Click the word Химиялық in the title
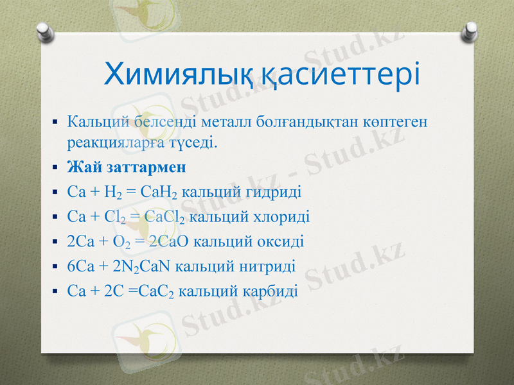tap(182, 75)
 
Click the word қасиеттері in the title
tap(342, 75)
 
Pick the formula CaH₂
tap(163, 192)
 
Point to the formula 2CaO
tap(170, 242)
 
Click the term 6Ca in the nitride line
tap(80, 266)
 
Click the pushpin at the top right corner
tap(470, 30)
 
